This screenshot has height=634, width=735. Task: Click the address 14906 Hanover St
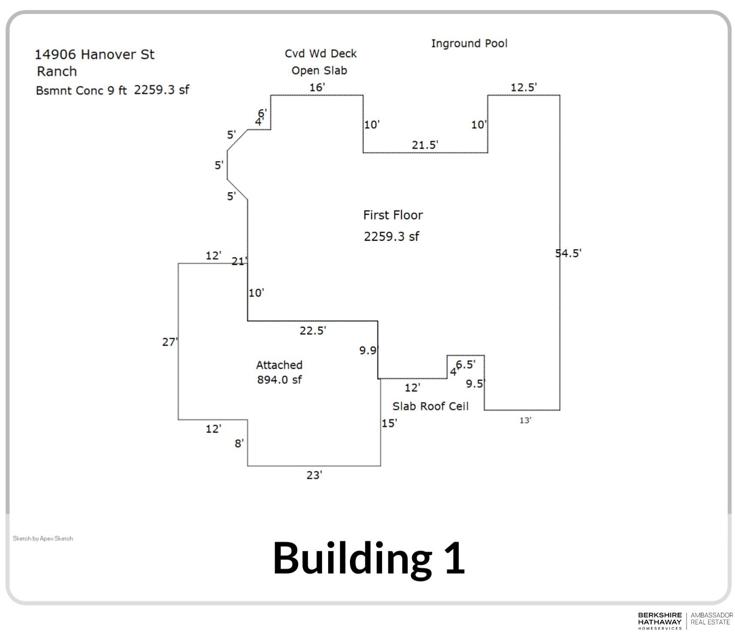[x=94, y=55]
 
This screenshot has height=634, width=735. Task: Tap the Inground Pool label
[x=469, y=43]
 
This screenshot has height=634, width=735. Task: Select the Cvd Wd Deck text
[x=320, y=54]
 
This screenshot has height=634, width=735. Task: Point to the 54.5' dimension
[x=568, y=253]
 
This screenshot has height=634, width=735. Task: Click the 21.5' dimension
[x=425, y=145]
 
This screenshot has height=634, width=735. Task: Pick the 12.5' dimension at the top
[x=523, y=87]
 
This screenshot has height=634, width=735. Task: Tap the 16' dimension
[x=317, y=87]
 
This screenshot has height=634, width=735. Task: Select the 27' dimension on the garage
[x=170, y=342]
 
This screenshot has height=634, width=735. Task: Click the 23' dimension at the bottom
[x=314, y=475]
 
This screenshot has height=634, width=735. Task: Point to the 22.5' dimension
[x=313, y=330]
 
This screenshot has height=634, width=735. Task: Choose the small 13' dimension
[x=525, y=420]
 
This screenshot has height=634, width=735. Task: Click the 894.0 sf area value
[x=279, y=380]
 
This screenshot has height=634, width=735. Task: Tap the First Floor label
[x=393, y=215]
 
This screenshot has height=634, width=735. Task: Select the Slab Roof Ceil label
[x=430, y=406]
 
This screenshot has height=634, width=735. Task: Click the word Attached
[x=279, y=365]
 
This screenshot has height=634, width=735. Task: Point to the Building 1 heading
[x=369, y=558]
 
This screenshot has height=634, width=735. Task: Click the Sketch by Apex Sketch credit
[x=43, y=538]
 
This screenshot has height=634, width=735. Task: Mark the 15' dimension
[x=389, y=423]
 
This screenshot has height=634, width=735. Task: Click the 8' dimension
[x=239, y=443]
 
